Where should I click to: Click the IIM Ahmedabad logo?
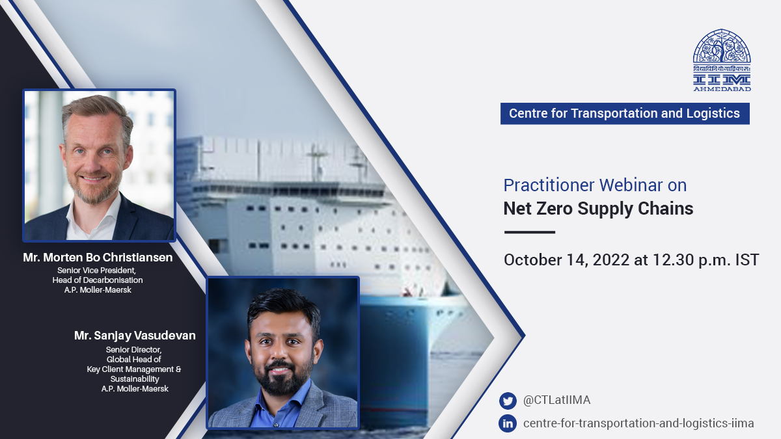pos(721,60)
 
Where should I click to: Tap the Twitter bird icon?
pos(508,401)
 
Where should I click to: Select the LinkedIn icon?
pos(508,423)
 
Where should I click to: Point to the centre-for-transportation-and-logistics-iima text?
pos(638,423)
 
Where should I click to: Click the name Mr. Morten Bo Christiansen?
pos(98,258)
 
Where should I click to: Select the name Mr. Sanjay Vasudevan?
pos(135,336)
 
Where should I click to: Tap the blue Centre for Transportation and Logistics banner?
pos(624,113)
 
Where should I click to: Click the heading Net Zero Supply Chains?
pos(598,209)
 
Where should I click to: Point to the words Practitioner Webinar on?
pos(595,185)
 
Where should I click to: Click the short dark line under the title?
pos(530,232)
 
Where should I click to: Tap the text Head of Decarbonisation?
pos(98,280)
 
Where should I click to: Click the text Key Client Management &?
pos(134,369)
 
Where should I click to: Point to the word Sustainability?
pos(134,379)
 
